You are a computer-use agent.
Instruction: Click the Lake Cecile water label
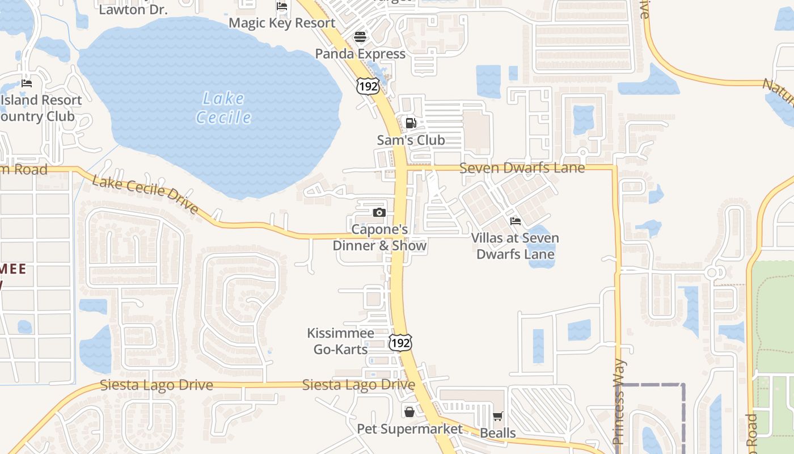tap(223, 108)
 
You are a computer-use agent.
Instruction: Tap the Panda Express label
tap(360, 54)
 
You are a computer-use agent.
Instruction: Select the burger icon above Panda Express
tap(360, 37)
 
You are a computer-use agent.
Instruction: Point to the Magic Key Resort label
tap(282, 23)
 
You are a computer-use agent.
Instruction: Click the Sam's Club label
tap(411, 140)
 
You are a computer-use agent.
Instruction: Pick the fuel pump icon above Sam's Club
tap(411, 123)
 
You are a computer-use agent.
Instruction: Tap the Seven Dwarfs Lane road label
tap(522, 168)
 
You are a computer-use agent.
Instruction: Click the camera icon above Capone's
tap(379, 213)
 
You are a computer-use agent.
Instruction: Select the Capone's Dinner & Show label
tap(379, 238)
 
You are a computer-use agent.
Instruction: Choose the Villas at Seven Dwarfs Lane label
tap(515, 246)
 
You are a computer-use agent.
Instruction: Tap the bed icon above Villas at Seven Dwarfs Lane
tap(515, 221)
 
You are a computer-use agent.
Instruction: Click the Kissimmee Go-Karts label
tap(341, 341)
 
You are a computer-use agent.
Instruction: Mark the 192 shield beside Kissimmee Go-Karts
tap(400, 343)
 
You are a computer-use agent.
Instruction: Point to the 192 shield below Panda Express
tap(368, 87)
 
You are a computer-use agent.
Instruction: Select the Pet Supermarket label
tap(409, 428)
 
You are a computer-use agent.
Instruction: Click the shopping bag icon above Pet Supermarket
tap(409, 411)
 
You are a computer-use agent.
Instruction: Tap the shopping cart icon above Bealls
tap(497, 417)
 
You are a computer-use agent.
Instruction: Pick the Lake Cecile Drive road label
tap(145, 195)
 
